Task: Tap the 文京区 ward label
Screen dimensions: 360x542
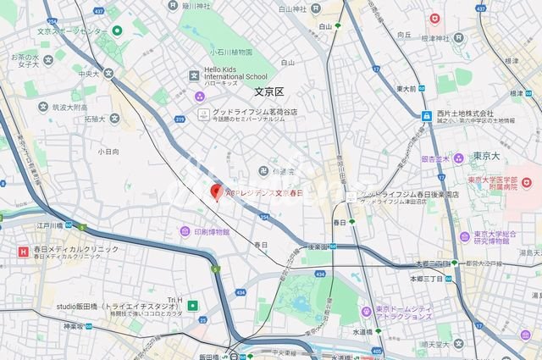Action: tap(272, 91)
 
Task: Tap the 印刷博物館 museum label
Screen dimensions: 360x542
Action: tap(209, 230)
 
